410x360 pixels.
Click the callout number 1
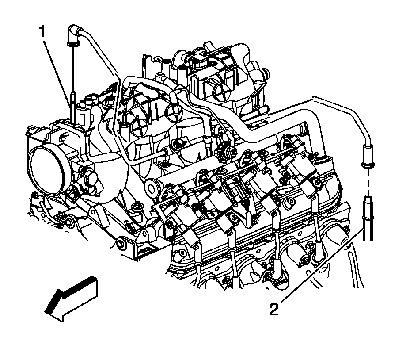43,32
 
